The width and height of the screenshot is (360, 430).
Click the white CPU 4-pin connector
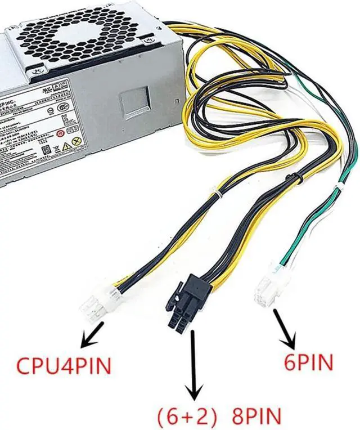point(94,304)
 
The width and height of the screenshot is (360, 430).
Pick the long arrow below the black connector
point(195,366)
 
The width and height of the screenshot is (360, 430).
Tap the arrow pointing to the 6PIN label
point(285,328)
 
